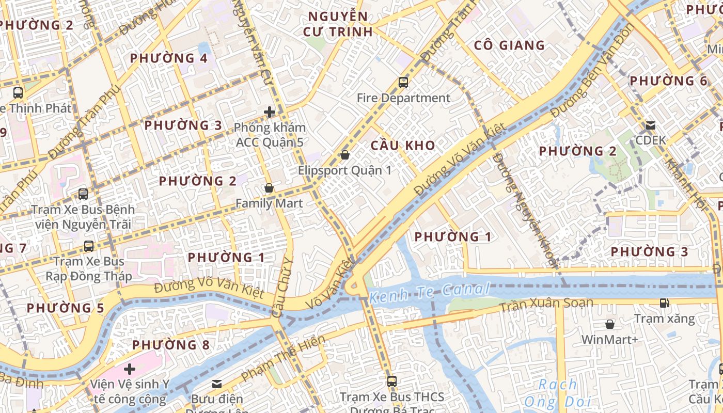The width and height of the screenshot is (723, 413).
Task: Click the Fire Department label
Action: click(x=403, y=98)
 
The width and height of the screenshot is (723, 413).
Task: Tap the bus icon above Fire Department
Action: click(x=403, y=82)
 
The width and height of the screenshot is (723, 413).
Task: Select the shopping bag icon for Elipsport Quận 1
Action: click(x=345, y=155)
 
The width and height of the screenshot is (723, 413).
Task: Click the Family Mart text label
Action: click(x=269, y=203)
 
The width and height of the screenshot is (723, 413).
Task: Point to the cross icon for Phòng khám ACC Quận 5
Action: click(x=269, y=112)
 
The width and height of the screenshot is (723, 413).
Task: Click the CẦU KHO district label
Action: click(x=403, y=146)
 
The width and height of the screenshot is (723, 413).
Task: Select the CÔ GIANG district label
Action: click(x=509, y=45)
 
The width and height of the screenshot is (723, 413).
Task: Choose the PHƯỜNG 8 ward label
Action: click(x=171, y=345)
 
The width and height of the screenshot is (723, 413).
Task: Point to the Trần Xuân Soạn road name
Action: click(x=546, y=305)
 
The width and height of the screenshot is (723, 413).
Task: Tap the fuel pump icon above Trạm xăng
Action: click(x=665, y=303)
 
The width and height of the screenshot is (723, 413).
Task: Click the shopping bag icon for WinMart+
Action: click(x=610, y=324)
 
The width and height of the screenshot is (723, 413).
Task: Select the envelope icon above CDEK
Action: click(x=651, y=125)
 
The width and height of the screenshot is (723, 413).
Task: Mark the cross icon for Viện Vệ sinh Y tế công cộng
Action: click(x=130, y=369)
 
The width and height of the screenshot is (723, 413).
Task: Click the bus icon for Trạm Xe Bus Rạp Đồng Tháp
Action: click(x=89, y=246)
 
